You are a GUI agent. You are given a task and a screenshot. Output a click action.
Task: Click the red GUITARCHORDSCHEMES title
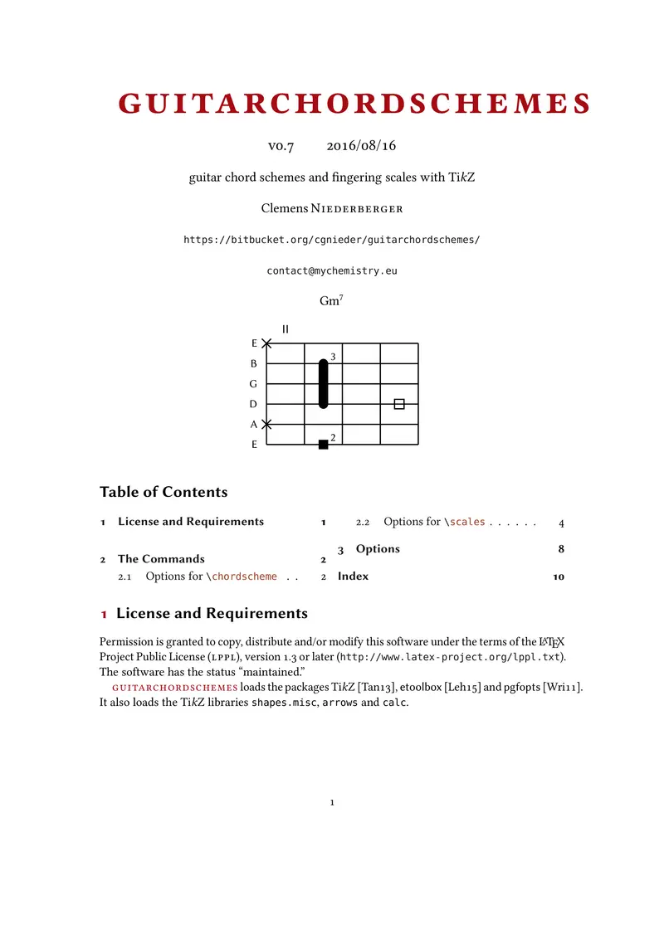point(354,103)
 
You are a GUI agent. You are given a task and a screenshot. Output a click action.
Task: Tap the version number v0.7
point(281,146)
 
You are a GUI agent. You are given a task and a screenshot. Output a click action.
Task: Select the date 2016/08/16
point(361,146)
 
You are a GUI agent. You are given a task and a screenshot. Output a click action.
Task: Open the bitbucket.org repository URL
point(331,240)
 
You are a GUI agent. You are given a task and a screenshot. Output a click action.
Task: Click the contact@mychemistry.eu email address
point(331,270)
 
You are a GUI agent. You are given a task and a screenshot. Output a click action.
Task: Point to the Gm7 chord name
point(330,301)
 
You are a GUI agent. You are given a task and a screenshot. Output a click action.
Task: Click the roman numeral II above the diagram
point(286,329)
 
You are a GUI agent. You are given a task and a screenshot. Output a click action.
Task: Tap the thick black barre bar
point(324,383)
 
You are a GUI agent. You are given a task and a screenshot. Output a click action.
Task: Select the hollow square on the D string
point(399,404)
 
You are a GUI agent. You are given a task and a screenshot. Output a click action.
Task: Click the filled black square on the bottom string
point(324,445)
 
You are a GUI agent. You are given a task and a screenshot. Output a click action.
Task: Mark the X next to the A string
point(266,424)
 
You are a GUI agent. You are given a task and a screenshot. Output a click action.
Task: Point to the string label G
point(254,384)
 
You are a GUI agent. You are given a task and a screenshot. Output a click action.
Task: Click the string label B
point(254,364)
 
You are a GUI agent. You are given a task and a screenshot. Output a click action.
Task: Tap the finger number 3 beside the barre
point(333,357)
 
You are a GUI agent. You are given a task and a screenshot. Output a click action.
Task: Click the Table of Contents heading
point(164,492)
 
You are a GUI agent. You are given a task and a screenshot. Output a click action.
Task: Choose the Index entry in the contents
point(353,576)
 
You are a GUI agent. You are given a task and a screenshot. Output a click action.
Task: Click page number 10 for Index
point(559,577)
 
